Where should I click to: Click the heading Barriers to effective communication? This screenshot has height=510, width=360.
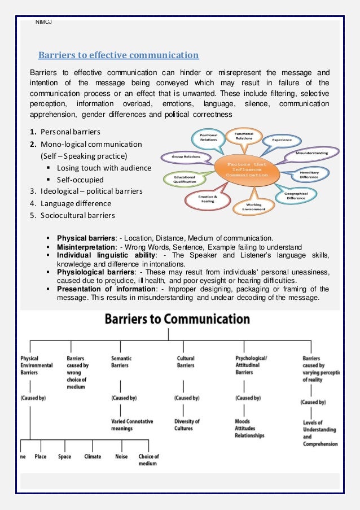tap(118, 55)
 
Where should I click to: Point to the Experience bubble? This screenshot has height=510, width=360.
tap(282, 140)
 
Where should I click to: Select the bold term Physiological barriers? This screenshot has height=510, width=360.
tap(96, 272)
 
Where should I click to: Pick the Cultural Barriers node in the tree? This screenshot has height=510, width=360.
tap(186, 361)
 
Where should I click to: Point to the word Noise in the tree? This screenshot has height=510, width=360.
tap(121, 456)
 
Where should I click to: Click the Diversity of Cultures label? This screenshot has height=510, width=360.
tap(187, 425)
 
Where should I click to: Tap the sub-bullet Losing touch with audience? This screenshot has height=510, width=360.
tap(104, 168)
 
